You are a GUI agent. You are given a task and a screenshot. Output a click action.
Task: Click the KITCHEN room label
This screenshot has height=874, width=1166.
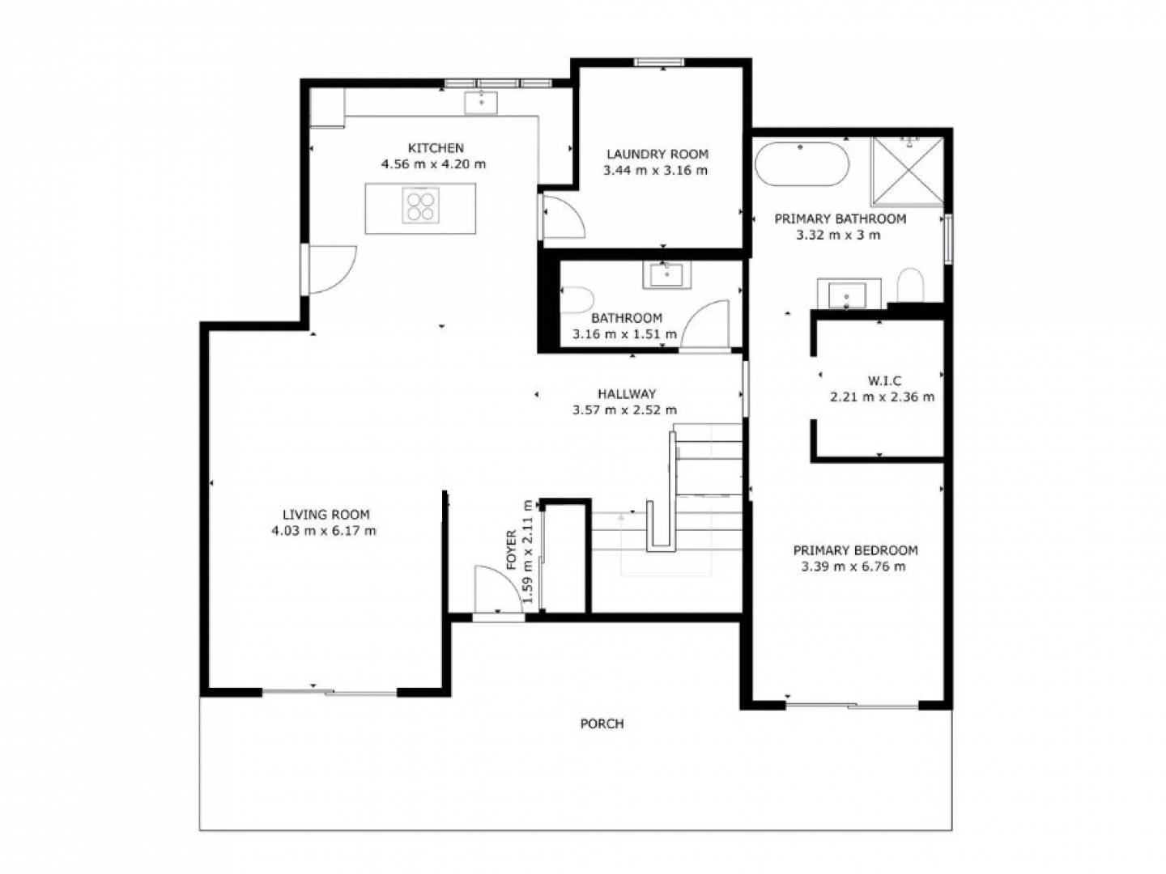436,147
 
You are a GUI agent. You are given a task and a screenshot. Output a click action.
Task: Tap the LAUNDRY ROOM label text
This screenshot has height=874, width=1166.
657,154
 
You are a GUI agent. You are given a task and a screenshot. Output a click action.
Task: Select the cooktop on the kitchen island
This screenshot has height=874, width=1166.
421,205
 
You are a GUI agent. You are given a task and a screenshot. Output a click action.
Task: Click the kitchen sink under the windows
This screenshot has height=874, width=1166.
481,103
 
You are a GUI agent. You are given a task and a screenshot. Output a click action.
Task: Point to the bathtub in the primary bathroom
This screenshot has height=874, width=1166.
802,163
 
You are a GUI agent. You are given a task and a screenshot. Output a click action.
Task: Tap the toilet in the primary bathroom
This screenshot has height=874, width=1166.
910,284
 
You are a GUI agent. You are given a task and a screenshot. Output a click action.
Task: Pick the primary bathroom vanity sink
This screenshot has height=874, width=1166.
848,294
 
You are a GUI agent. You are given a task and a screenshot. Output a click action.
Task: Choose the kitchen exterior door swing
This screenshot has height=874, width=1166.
333,269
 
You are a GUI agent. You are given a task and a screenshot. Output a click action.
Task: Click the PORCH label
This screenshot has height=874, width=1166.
602,723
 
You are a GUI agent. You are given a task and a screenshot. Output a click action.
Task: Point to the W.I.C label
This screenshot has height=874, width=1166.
884,380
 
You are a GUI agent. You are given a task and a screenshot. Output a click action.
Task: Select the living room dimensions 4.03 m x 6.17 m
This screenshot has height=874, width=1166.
324,531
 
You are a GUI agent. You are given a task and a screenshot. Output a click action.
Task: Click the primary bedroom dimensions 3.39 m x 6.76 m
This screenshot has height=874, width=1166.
853,566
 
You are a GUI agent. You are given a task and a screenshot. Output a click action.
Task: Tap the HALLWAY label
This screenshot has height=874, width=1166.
627,394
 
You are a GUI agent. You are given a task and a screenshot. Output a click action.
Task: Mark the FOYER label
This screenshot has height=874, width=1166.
512,549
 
